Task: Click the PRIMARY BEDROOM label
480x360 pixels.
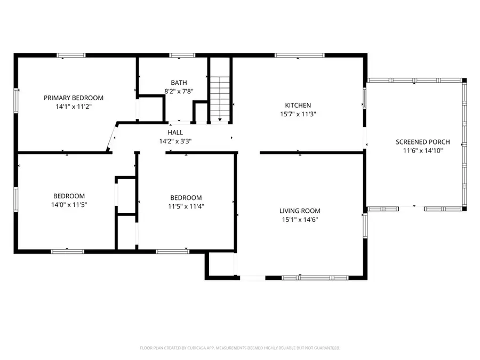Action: (74, 98)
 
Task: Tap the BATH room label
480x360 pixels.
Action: (179, 82)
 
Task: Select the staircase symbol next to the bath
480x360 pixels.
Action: (220, 99)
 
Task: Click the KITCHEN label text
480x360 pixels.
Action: (298, 105)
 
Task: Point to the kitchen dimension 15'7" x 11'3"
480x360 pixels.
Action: (298, 114)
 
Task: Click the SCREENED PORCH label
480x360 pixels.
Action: (422, 142)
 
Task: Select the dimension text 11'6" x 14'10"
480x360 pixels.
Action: (422, 150)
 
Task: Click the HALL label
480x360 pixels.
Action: (175, 132)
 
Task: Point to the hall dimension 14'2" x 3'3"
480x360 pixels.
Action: (175, 141)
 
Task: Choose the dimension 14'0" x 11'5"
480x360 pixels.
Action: (68, 204)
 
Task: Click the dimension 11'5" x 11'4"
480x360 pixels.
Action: (186, 206)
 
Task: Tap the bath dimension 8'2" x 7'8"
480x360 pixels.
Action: (179, 91)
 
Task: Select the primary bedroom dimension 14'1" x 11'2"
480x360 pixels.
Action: (74, 106)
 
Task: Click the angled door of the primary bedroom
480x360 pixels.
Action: (112, 138)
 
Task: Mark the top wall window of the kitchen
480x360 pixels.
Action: (299, 55)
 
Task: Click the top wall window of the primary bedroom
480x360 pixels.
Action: (71, 55)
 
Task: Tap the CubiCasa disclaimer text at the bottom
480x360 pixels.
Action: (239, 348)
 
